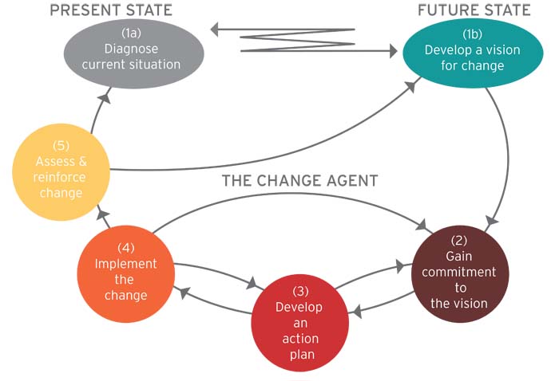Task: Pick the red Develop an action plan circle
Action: click(x=299, y=322)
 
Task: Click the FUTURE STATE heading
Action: click(x=474, y=10)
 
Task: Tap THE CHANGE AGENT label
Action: click(x=299, y=180)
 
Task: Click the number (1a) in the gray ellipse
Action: click(x=132, y=33)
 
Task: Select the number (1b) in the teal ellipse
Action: click(x=471, y=35)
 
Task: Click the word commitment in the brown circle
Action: click(x=459, y=272)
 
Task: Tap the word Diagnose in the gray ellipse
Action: click(x=132, y=49)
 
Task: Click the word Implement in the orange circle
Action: click(x=126, y=264)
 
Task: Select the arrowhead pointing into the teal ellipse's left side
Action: click(x=391, y=52)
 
